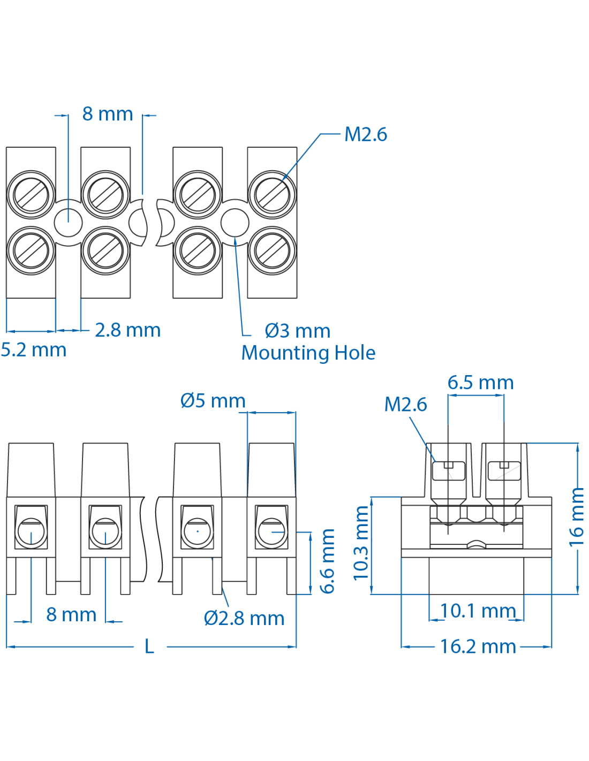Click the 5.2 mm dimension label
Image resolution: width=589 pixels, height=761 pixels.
pos(34,350)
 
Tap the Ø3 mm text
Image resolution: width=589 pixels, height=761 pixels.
pos(298,331)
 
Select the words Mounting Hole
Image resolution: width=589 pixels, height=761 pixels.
pos(308,353)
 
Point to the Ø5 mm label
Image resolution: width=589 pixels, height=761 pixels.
pos(213,400)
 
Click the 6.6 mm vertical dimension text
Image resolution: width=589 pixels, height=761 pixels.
pos(327,561)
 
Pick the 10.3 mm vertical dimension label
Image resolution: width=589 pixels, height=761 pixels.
pos(361,543)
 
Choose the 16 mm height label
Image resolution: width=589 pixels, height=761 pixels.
pos(576,516)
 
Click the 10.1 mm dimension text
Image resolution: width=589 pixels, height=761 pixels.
pos(478,611)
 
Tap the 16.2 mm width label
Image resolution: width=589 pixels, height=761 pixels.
pos(478,646)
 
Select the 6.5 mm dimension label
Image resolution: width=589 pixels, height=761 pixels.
pos(480,383)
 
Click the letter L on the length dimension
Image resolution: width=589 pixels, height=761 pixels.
pos(149,646)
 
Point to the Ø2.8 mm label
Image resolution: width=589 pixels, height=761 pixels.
pos(244,618)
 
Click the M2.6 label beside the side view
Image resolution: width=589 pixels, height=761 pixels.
pos(405,404)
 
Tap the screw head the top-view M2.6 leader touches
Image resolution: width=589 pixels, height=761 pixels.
pos(272,194)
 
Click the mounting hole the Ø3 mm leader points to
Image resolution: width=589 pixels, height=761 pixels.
pos(235,222)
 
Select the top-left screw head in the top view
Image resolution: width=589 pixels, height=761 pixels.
pos(31,194)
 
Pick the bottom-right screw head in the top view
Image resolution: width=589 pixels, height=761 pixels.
pos(272,250)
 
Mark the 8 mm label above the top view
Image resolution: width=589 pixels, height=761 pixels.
pos(108,114)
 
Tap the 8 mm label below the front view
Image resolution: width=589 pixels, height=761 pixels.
pos(71,614)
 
